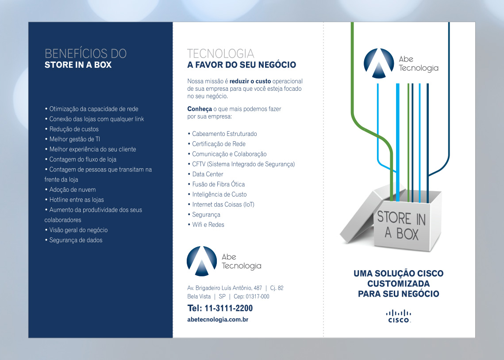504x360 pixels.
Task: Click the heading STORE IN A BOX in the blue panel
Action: [x=78, y=65]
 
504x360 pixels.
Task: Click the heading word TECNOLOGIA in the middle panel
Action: [x=220, y=54]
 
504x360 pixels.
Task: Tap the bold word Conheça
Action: [x=200, y=109]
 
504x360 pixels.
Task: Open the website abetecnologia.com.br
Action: [x=218, y=319]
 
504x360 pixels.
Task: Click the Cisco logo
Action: [x=399, y=316]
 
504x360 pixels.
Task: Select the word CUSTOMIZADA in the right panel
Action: [x=398, y=283]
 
